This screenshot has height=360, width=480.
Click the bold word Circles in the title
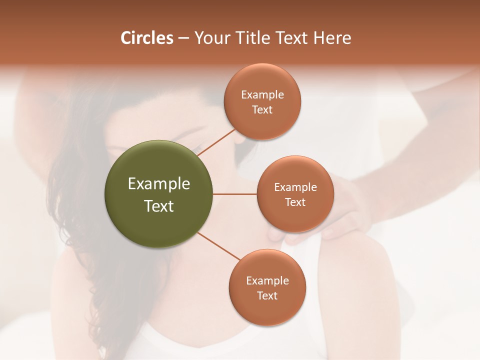(x=146, y=38)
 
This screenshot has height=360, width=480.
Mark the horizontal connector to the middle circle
(x=235, y=194)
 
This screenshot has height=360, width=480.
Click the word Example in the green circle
(x=158, y=184)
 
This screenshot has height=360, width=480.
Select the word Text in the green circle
(x=158, y=206)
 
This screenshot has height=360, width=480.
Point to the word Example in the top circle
(x=262, y=95)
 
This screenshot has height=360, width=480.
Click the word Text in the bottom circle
(x=267, y=296)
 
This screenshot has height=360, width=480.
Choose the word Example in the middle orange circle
(x=295, y=187)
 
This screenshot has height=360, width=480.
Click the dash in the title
(x=183, y=38)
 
